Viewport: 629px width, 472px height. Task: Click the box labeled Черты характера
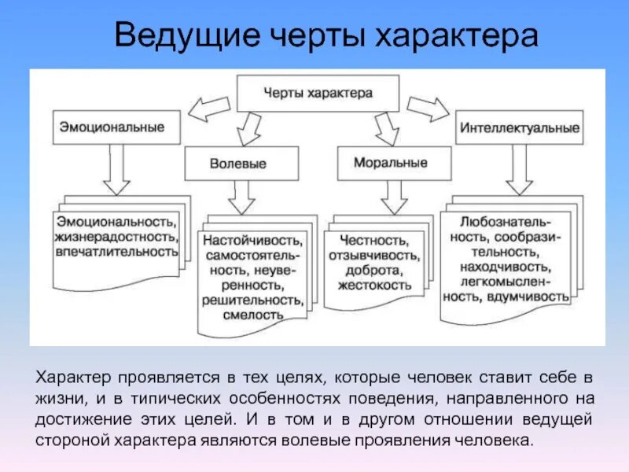coord(317,93)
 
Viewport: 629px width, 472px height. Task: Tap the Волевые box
coord(238,164)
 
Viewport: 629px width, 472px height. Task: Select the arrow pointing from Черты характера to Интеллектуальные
coord(427,108)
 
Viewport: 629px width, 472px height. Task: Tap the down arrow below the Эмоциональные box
coord(116,169)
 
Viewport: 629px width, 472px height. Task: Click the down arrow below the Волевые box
coord(239,197)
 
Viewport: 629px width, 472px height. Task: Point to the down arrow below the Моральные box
coord(393,197)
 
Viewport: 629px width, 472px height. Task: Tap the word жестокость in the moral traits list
coord(374,284)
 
